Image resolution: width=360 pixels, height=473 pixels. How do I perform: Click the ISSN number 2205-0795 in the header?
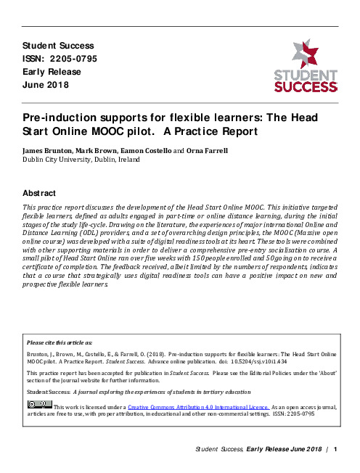click(75, 59)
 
